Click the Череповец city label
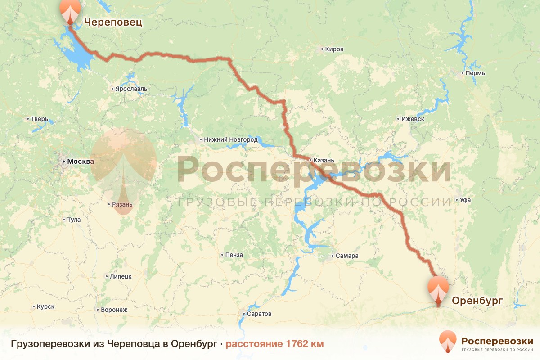113,22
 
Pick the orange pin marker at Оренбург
438,290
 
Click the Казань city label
324,160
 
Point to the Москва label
79,161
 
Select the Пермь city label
475,73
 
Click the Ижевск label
413,119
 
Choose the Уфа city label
465,200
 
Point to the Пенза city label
234,255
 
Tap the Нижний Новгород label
230,140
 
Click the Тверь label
39,119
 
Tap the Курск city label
45,307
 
